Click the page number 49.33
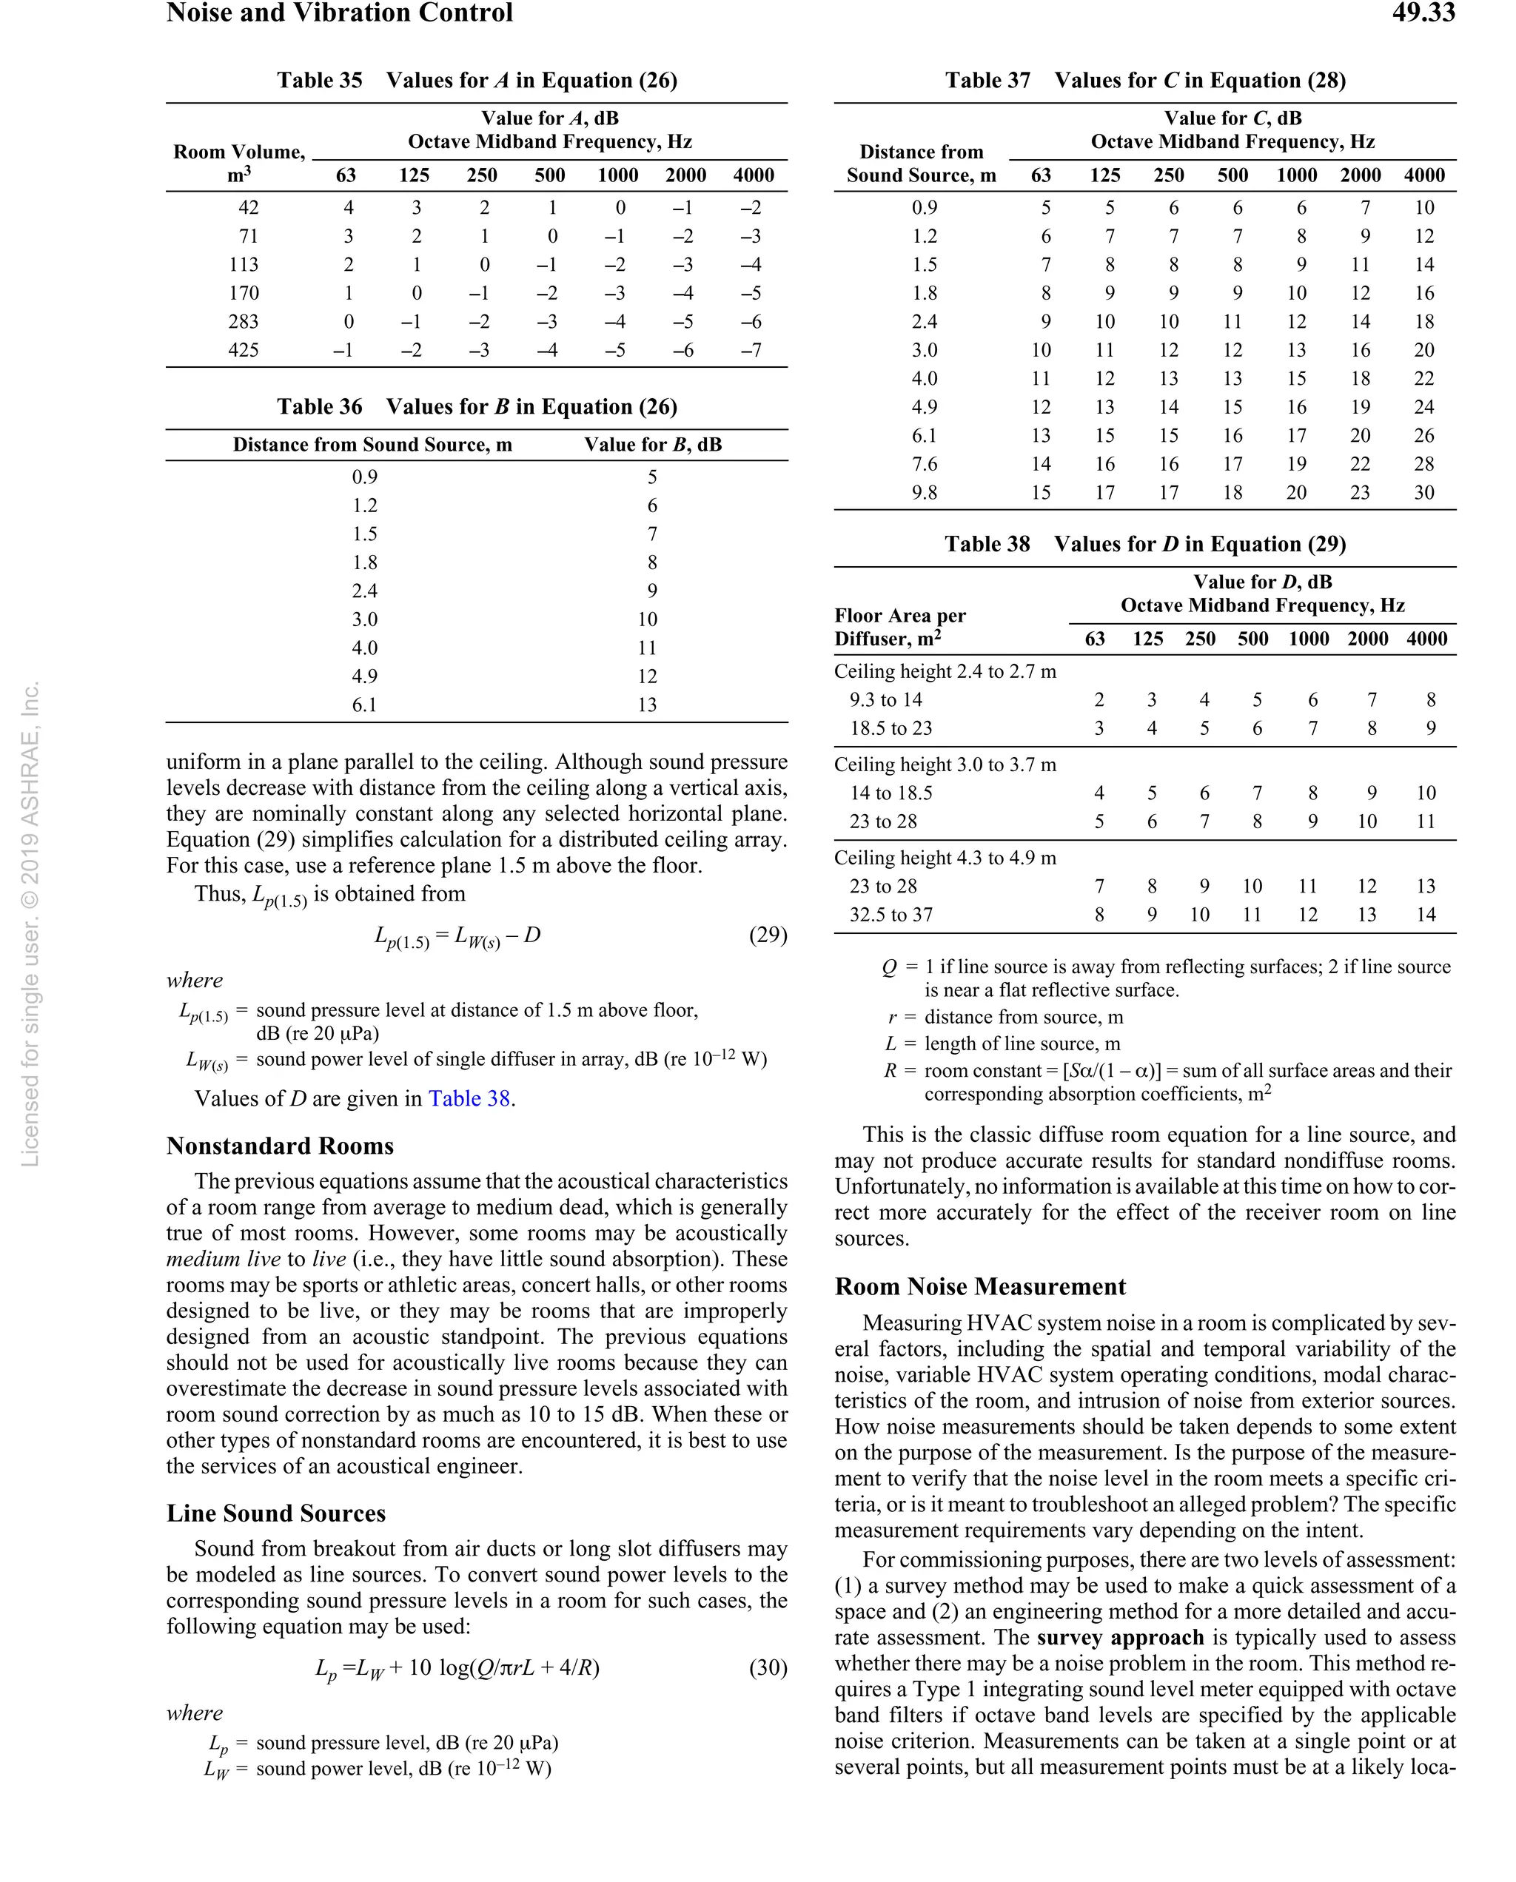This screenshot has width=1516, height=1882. (1423, 13)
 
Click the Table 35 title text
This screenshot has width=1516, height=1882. (477, 81)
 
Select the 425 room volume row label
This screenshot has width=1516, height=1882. (244, 350)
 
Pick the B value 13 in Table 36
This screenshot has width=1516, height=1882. (646, 705)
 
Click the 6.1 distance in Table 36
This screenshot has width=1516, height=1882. (364, 705)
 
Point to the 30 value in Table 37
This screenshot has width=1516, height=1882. (1423, 492)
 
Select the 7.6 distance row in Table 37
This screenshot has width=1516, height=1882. (924, 463)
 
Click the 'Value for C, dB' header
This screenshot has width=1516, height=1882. (1232, 118)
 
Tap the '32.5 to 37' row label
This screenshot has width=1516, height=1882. (891, 915)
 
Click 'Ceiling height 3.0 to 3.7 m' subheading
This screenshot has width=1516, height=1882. (945, 764)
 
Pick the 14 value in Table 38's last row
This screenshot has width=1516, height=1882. (1425, 915)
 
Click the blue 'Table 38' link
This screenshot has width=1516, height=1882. (469, 1098)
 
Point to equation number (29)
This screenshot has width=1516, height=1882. (768, 935)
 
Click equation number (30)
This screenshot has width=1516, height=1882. (768, 1667)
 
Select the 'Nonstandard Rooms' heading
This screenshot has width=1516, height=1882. (281, 1146)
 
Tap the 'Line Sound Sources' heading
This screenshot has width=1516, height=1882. (276, 1513)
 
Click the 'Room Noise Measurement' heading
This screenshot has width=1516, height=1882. (980, 1287)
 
